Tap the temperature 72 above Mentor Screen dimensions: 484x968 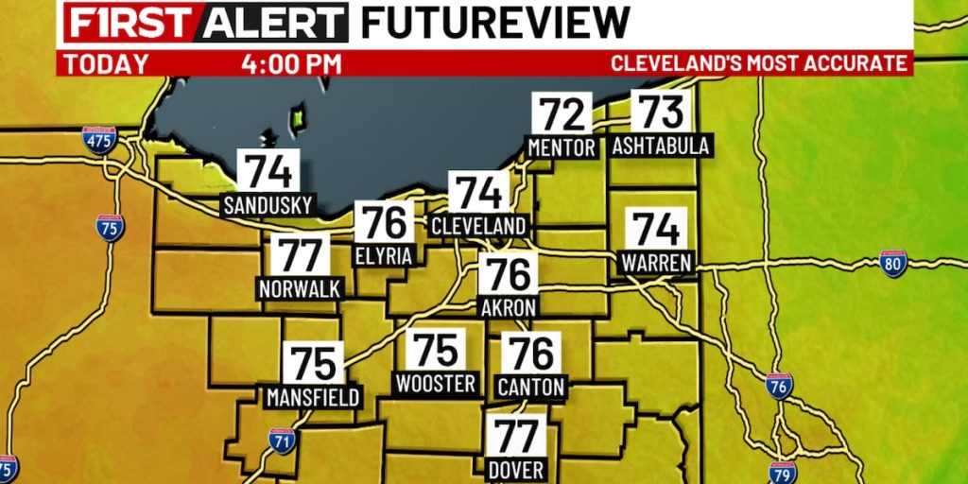[x=562, y=114]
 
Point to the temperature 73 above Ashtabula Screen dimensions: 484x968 [x=661, y=112]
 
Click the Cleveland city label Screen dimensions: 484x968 [x=478, y=227]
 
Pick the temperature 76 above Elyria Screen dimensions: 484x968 [x=385, y=223]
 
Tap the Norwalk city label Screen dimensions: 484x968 [x=299, y=288]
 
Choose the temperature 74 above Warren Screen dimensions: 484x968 [x=656, y=230]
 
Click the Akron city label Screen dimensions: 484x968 [x=509, y=307]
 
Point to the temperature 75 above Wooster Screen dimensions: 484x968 [x=436, y=350]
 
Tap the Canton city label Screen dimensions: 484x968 [x=530, y=387]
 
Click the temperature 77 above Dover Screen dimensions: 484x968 [x=516, y=436]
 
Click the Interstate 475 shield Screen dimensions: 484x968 [x=100, y=141]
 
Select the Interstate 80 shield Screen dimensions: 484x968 [x=892, y=262]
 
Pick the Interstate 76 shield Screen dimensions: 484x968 [x=779, y=386]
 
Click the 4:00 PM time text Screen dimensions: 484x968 [x=291, y=64]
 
